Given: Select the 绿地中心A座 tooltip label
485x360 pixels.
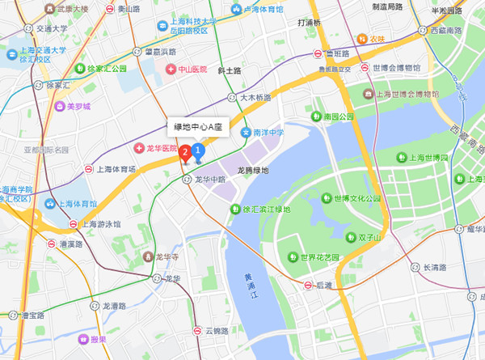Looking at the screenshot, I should (x=197, y=127).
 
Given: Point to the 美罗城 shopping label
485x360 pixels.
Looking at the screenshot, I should (x=78, y=106).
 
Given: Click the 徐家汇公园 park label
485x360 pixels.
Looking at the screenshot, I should (x=110, y=70).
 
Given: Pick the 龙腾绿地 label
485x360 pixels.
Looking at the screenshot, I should (x=253, y=172).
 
